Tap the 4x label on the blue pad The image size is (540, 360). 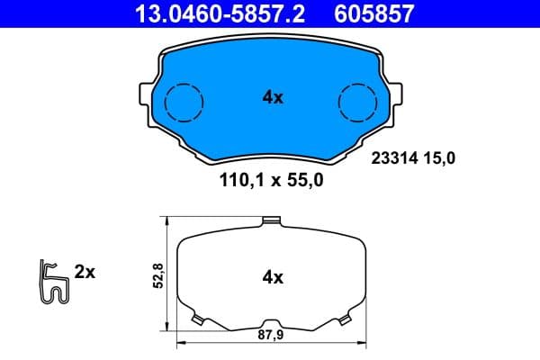pos(273,98)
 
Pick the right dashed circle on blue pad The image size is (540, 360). pos(357,101)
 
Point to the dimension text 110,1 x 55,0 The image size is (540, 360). pos(273,180)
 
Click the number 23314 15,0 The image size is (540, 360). pos(414,157)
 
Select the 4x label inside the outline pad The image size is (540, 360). pos(273,277)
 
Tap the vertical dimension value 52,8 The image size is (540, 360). pos(158,274)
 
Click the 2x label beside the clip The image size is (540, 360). pos(85,271)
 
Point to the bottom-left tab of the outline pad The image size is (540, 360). pos(200,319)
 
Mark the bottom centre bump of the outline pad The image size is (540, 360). pos(271,325)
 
